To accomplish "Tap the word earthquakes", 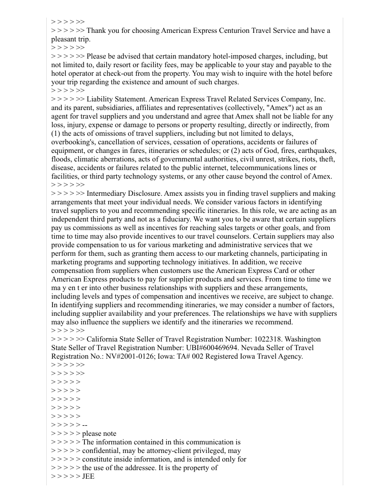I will tap(312, 151).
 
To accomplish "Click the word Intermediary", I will tap(109, 193).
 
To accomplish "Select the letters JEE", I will tap(89, 476).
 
